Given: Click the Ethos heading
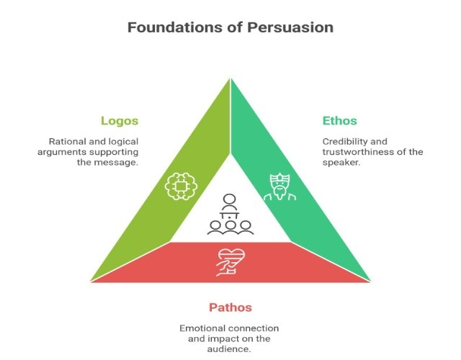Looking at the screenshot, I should click(x=339, y=120).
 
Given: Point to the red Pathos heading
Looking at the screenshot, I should click(x=230, y=307).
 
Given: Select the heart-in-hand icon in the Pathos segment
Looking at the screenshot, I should click(x=230, y=261).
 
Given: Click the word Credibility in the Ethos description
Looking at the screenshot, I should click(x=346, y=141).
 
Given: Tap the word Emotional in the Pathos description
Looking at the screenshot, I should click(x=205, y=328).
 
